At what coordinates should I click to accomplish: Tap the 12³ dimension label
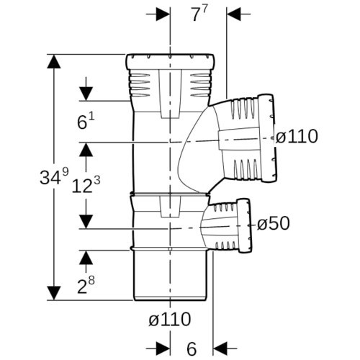tap(86, 185)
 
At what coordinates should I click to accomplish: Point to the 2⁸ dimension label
tap(86, 285)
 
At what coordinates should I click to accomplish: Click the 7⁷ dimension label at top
tap(199, 14)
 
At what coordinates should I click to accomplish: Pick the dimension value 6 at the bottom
tap(192, 348)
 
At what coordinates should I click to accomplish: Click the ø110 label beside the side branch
tap(297, 136)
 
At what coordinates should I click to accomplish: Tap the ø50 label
tap(274, 224)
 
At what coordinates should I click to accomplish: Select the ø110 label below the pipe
tap(170, 319)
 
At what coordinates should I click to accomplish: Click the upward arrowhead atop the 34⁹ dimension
tap(53, 62)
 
